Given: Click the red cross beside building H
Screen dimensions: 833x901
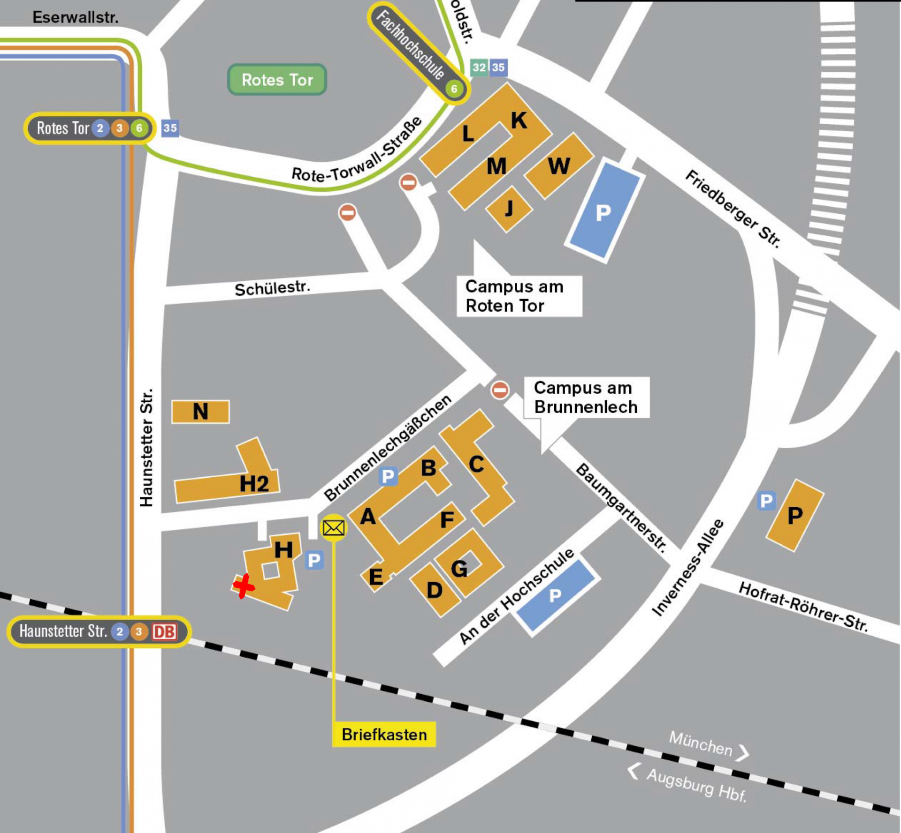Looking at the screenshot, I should (244, 586).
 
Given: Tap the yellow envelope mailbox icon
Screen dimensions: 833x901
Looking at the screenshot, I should (334, 528).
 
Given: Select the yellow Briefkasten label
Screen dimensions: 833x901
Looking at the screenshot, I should (384, 735).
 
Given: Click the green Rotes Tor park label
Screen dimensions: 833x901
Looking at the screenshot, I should (277, 80).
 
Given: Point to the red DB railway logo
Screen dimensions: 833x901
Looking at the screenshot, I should (164, 632).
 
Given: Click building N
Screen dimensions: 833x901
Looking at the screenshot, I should (200, 412).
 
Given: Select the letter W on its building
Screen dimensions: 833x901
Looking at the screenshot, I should (558, 166).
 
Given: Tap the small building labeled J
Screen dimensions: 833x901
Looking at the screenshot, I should (509, 208).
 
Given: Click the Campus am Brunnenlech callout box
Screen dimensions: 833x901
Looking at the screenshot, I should (586, 397).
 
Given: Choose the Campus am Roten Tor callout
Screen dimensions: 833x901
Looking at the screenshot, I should (519, 296).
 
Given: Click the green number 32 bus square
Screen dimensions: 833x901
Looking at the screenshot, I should (479, 68).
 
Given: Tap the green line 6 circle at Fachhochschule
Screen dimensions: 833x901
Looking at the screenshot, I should (454, 89).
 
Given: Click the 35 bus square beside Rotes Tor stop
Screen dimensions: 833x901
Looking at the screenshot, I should (170, 128).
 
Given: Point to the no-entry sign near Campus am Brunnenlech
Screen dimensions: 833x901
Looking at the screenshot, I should (499, 390).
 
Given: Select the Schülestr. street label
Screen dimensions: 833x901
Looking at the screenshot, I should (272, 288).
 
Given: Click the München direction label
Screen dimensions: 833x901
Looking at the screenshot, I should (701, 743).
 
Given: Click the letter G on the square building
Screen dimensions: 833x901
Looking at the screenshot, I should (459, 569).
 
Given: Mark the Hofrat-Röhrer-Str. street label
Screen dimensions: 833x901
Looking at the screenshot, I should (803, 607).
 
